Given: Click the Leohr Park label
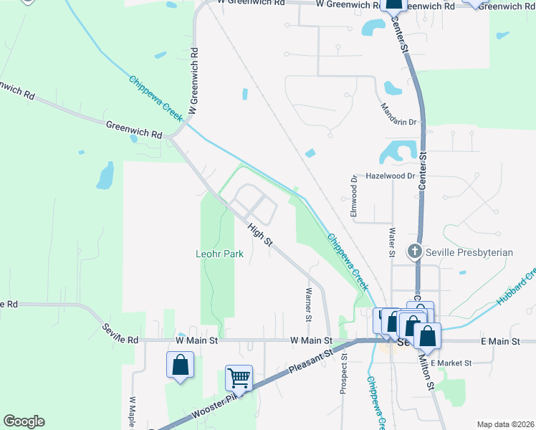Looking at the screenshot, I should click(x=220, y=254).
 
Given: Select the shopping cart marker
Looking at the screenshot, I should click(x=239, y=378).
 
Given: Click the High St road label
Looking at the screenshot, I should click(x=260, y=236).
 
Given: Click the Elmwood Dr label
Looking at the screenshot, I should click(x=353, y=197).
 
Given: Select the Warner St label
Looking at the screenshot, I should click(x=309, y=305).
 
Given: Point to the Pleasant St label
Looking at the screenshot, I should click(x=312, y=362).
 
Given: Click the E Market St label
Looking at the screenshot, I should click(x=451, y=363).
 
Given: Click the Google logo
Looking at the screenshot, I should click(x=24, y=421).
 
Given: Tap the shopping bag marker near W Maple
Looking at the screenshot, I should click(x=180, y=365).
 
